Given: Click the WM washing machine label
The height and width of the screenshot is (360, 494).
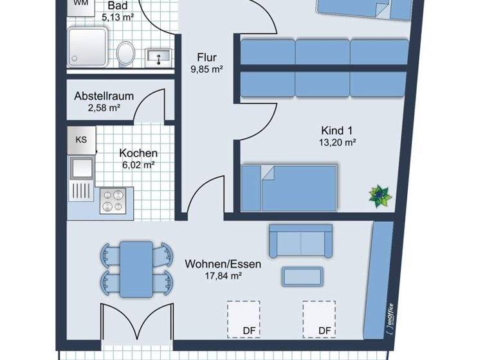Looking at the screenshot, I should tap(80, 3).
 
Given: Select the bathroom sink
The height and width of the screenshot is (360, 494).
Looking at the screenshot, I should tap(157, 57).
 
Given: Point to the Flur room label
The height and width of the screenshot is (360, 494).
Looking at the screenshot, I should tap(206, 57).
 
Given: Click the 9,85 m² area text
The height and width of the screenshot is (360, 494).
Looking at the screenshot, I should tap(206, 69).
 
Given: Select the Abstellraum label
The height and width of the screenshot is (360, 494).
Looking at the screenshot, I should tap(104, 96).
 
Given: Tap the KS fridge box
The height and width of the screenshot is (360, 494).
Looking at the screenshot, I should tap(82, 139).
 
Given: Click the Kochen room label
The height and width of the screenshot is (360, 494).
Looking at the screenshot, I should tap(138, 154).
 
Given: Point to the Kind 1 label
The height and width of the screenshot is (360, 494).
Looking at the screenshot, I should tap(337, 130).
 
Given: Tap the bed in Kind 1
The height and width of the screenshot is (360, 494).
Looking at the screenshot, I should tap(289, 187).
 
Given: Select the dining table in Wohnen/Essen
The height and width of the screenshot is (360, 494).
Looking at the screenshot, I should tap(136, 264).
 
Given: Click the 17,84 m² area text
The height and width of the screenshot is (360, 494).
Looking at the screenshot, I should tap(214, 276).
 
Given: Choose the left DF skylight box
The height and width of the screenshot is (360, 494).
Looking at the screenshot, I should tap(243, 319).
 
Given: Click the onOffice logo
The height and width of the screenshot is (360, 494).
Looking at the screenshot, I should tap(389, 319).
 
